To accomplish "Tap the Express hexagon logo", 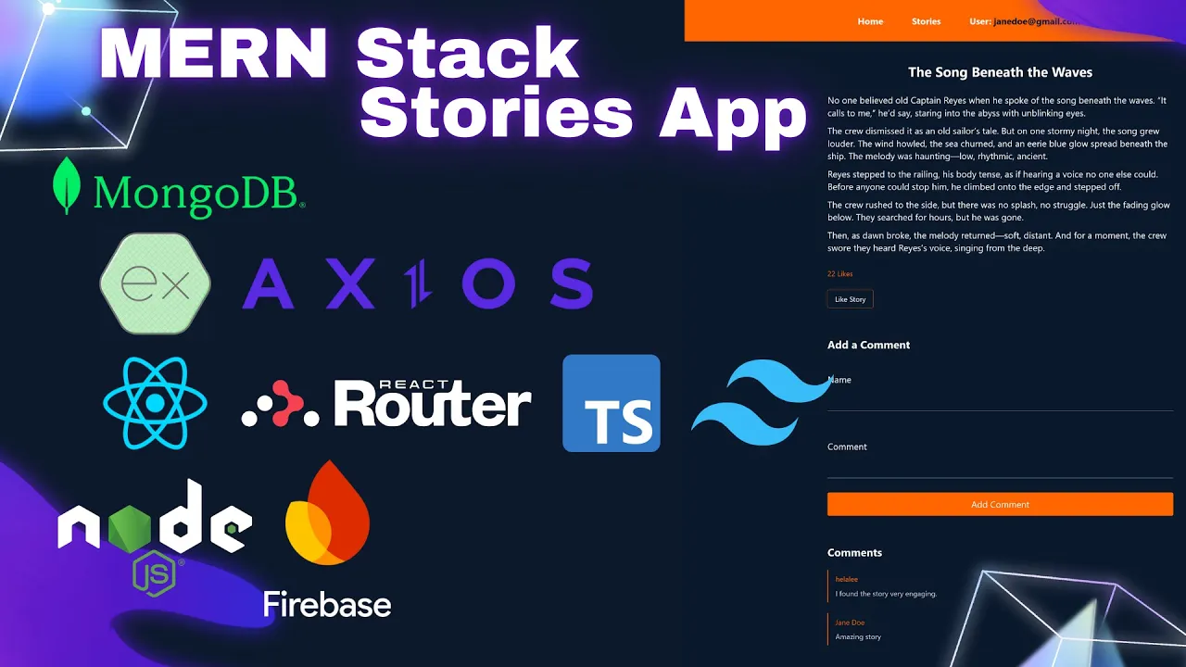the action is click(x=155, y=283).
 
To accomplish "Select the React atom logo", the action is click(x=155, y=404).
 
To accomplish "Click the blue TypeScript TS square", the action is click(x=612, y=404).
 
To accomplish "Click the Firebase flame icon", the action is click(x=327, y=515).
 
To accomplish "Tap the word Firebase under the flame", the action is click(x=327, y=605).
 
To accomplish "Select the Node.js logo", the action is click(x=155, y=533).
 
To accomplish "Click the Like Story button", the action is click(x=850, y=299).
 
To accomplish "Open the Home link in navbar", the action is click(x=870, y=21).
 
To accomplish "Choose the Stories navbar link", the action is click(x=926, y=21).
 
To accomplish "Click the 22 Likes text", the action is click(x=839, y=274).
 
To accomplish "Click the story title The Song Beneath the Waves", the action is click(x=1000, y=72).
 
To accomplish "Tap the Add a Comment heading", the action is click(x=868, y=345).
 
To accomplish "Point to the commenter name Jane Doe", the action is click(x=850, y=623).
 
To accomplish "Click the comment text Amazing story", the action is click(x=858, y=636).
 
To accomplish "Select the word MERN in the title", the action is click(x=212, y=56).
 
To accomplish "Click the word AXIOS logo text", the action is click(x=417, y=283).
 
